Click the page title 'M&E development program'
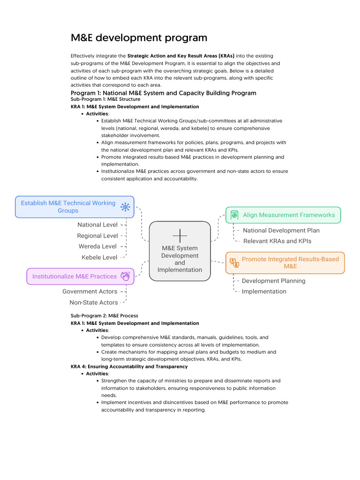[139, 37]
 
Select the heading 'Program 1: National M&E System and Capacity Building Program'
[163, 93]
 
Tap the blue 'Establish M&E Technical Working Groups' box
[75, 207]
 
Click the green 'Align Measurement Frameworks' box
[283, 215]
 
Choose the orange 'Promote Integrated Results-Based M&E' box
[285, 262]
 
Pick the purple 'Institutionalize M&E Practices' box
[80, 276]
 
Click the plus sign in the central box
[180, 235]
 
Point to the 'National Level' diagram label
[97, 225]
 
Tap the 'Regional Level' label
[97, 236]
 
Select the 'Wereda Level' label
[97, 247]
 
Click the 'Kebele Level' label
[99, 257]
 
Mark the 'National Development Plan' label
[281, 231]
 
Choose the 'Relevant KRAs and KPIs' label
[277, 241]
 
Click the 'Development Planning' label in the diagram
[273, 281]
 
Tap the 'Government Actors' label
[90, 292]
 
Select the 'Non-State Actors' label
[94, 302]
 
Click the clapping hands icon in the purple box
[125, 276]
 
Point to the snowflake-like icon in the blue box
[125, 207]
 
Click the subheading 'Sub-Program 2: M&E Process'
[104, 316]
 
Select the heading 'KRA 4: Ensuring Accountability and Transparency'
[129, 367]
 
